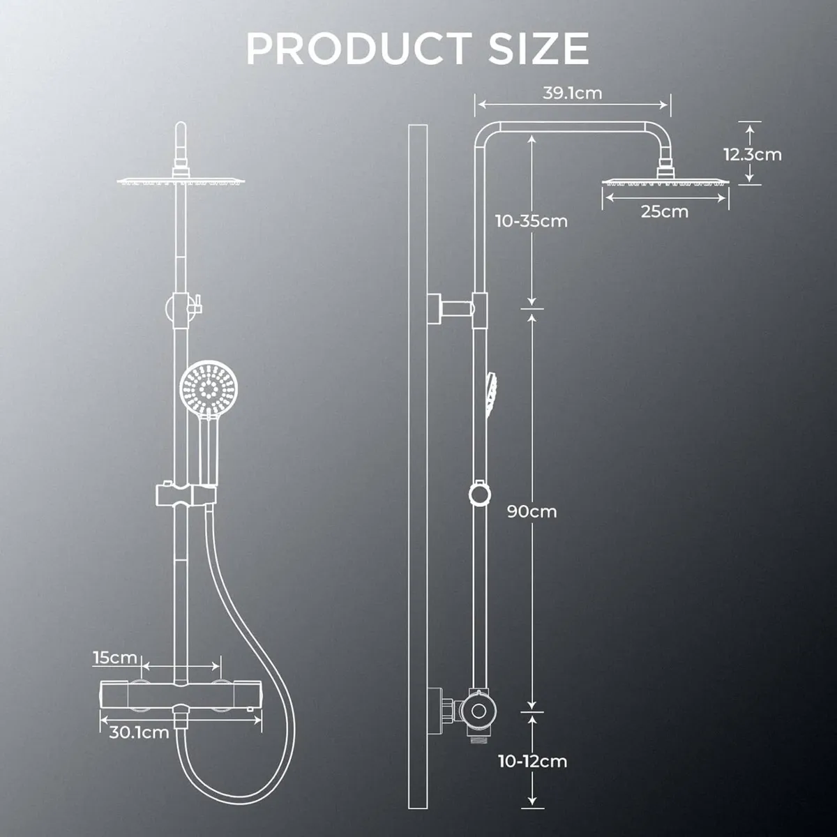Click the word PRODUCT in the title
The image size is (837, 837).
click(x=355, y=48)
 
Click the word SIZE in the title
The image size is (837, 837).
click(x=532, y=48)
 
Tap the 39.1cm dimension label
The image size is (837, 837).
click(x=573, y=93)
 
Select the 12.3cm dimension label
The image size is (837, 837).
click(x=752, y=154)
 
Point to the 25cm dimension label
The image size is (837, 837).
click(x=664, y=211)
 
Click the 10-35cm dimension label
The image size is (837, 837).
click(x=531, y=221)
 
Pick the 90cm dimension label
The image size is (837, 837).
click(x=532, y=511)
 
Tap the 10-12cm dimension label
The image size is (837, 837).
click(x=533, y=760)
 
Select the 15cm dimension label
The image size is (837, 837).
click(x=115, y=657)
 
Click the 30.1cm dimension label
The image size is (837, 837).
click(x=139, y=732)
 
